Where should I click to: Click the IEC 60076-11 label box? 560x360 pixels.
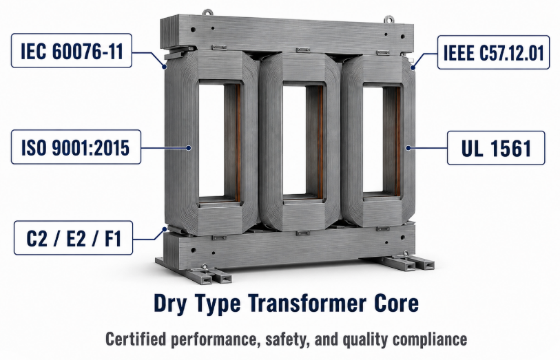72,51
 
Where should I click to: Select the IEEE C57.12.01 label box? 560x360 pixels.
493,52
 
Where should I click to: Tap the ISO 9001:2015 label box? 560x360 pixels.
76,147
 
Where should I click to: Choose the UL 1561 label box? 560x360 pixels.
496,148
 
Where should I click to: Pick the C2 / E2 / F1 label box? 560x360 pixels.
73,238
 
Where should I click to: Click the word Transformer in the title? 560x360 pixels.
307,304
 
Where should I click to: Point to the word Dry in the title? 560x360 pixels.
167,304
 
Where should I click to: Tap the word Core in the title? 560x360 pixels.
397,304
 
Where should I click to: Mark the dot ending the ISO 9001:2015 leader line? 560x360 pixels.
189,148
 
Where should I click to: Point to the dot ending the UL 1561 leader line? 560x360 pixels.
408,148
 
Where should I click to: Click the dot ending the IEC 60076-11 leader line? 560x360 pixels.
165,66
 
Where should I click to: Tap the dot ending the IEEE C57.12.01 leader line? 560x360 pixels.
413,67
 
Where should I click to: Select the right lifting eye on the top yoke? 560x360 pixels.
389,19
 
